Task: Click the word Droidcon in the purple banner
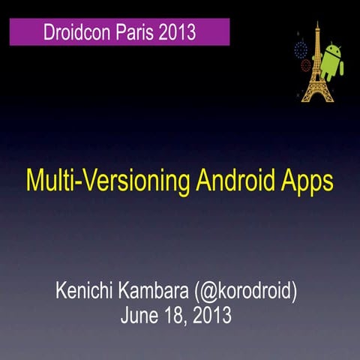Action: [x=74, y=33]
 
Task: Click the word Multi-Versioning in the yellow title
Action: [x=99, y=181]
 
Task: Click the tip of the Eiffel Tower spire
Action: [x=316, y=23]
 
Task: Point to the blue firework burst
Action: [x=301, y=49]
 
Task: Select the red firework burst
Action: [x=306, y=66]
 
